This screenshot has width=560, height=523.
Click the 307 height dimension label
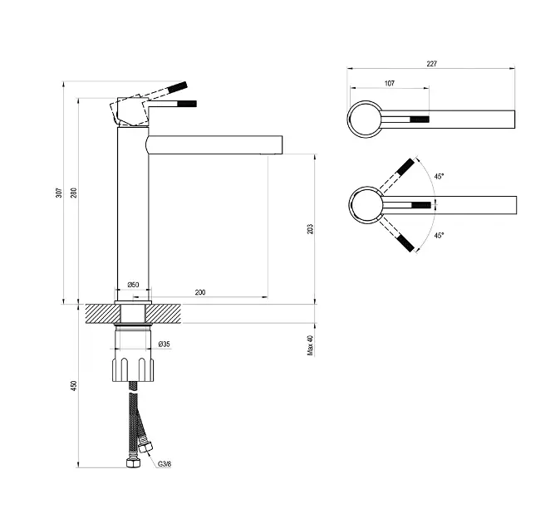(x=59, y=193)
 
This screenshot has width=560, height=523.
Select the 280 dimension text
(x=74, y=193)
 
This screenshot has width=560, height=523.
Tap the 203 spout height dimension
(x=310, y=229)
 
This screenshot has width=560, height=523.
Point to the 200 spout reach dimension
(x=200, y=292)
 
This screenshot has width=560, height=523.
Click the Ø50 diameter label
(x=133, y=285)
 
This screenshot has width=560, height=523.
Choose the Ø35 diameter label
(x=165, y=344)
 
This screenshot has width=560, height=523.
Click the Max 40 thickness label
(x=310, y=345)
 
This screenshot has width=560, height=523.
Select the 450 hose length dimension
(x=74, y=386)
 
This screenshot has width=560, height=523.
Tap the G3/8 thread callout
(x=165, y=464)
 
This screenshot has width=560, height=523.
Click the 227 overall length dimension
(x=432, y=63)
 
